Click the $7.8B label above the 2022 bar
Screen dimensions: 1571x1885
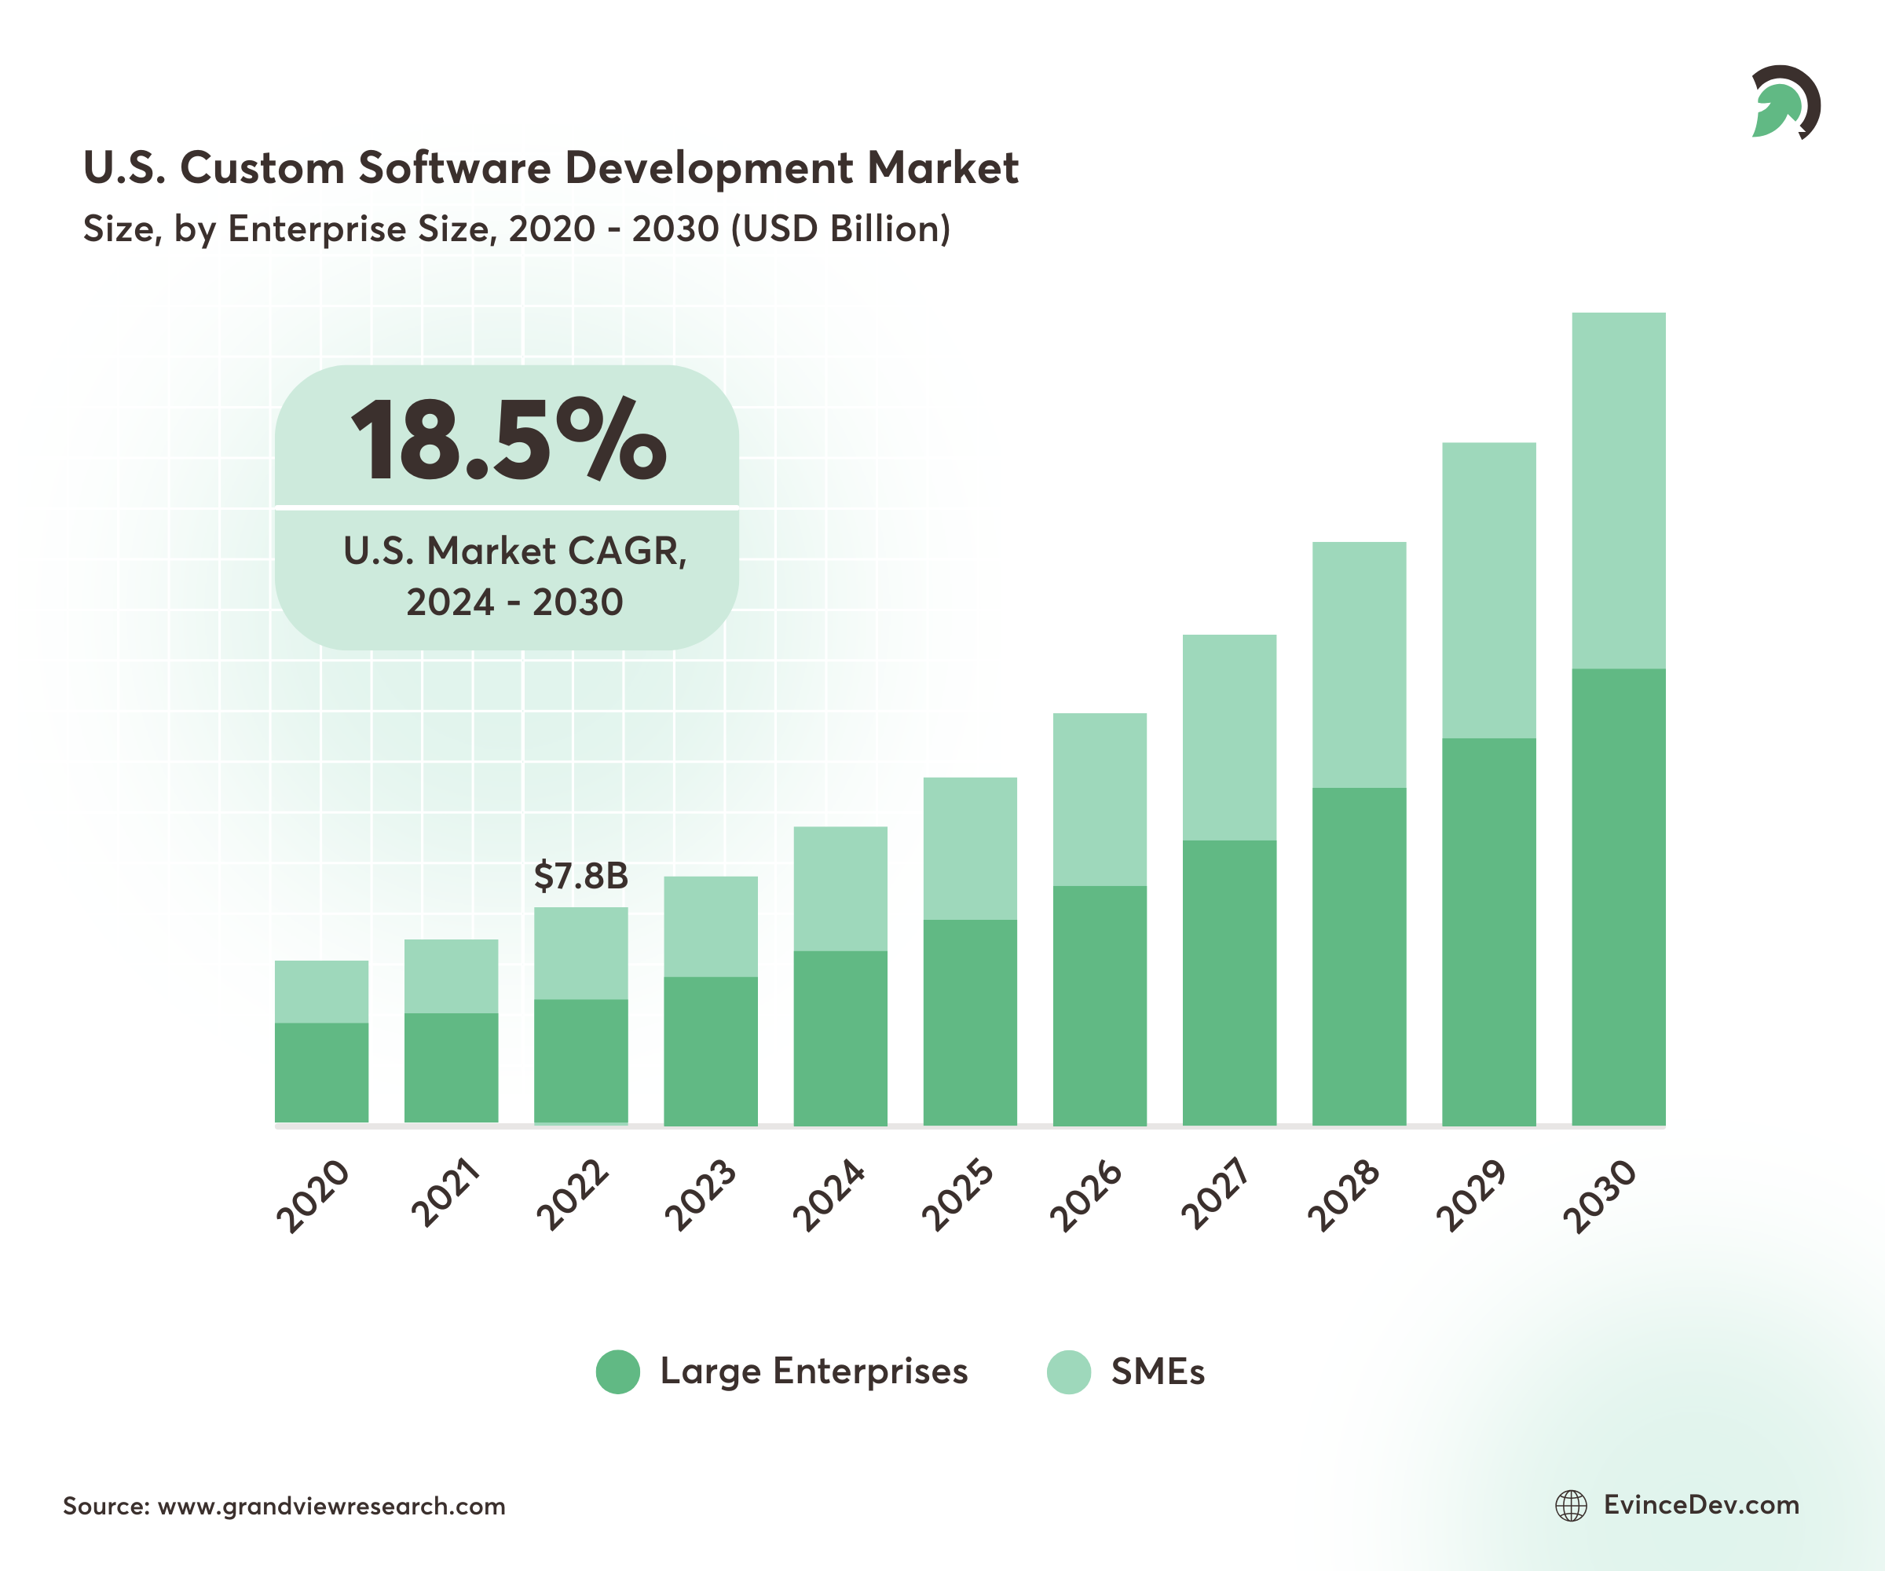point(580,876)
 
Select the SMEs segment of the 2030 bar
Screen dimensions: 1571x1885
point(1619,490)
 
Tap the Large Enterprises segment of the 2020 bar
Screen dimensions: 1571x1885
point(321,1073)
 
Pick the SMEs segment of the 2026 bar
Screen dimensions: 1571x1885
point(1100,799)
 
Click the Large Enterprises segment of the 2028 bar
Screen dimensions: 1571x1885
point(1359,956)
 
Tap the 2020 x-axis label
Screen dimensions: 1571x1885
point(313,1196)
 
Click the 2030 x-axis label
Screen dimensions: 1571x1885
point(1601,1196)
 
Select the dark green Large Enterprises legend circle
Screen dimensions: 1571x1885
point(617,1371)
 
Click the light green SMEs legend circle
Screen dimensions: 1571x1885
point(1068,1371)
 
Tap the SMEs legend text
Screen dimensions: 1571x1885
point(1158,1371)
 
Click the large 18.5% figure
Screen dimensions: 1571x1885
point(508,440)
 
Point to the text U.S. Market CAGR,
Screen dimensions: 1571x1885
point(515,551)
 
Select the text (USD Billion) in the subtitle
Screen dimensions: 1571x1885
point(840,229)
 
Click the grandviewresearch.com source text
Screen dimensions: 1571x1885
point(331,1507)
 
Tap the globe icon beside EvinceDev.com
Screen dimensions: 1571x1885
point(1571,1506)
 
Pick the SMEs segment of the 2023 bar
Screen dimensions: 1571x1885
point(710,925)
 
